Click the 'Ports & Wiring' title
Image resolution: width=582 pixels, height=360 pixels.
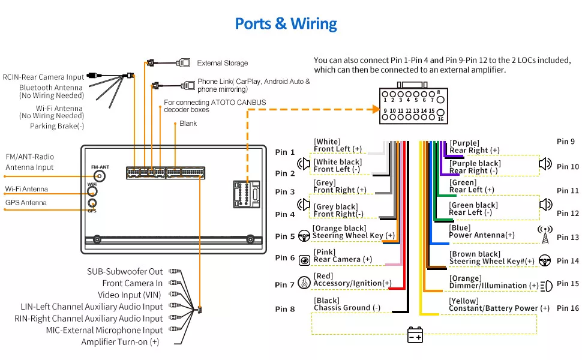click(x=286, y=24)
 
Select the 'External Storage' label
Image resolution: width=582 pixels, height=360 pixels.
click(x=222, y=63)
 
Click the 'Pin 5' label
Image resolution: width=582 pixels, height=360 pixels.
click(x=285, y=236)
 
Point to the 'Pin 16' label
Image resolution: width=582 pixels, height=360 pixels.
click(x=568, y=308)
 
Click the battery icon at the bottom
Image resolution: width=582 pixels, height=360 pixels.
click(x=415, y=335)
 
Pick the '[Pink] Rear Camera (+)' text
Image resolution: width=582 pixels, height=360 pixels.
click(x=343, y=256)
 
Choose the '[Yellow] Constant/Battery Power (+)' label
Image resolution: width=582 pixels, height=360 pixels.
click(x=499, y=305)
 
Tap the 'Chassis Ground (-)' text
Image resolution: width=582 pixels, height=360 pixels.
click(x=347, y=308)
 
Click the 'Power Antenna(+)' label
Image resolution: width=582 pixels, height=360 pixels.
click(x=482, y=235)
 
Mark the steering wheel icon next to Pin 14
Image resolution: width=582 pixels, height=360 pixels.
click(x=545, y=260)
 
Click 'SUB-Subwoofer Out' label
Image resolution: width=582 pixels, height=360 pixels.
click(x=125, y=272)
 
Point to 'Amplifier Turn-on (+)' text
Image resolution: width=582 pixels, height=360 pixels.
click(x=120, y=342)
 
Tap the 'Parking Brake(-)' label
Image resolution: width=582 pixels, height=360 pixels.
click(x=57, y=126)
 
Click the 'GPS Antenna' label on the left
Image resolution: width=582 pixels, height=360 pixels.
click(x=26, y=203)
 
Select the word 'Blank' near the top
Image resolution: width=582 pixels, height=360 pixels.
click(x=188, y=124)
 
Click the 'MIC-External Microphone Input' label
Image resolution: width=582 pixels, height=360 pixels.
click(x=104, y=330)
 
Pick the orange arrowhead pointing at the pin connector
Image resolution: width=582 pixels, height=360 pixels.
click(x=376, y=109)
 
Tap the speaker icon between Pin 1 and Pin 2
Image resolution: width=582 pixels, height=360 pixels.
click(x=304, y=163)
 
